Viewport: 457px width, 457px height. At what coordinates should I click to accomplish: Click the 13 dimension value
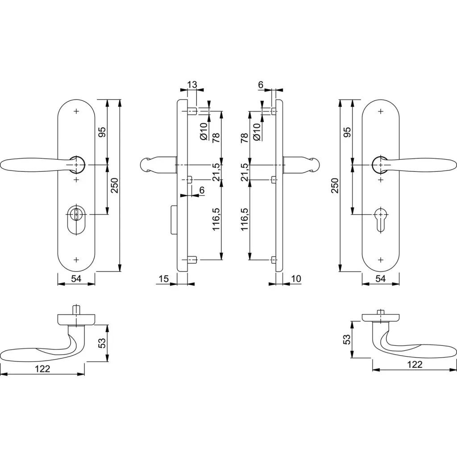coord(192,84)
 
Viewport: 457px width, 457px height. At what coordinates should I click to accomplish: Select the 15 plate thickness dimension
coord(163,279)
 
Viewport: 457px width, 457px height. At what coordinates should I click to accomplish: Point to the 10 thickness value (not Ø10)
coord(296,279)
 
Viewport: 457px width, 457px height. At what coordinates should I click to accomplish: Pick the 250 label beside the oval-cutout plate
coord(115,185)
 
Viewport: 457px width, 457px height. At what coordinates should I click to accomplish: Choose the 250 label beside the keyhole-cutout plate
coord(335,185)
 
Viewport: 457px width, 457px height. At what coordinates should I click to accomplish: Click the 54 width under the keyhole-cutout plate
coord(380,279)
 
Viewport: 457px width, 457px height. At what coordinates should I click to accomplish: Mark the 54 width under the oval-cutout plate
coord(76,279)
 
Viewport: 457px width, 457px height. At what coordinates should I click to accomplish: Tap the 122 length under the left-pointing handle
coord(42,369)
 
